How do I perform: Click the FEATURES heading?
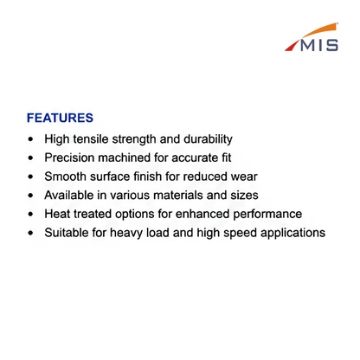[60, 118]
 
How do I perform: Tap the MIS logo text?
[319, 45]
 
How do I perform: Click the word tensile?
[91, 139]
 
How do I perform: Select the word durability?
[208, 139]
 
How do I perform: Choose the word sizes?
[244, 196]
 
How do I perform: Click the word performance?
[267, 215]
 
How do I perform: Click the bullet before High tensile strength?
[31, 139]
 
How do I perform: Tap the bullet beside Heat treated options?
[31, 215]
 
